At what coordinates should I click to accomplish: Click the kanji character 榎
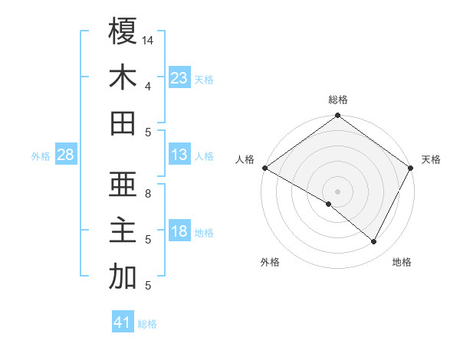(x=123, y=31)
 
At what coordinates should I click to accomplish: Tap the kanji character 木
(x=123, y=77)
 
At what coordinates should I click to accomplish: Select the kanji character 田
(x=123, y=123)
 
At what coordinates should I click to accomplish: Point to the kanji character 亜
(x=123, y=185)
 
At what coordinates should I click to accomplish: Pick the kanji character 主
(x=123, y=231)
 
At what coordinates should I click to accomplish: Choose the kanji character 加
(x=123, y=277)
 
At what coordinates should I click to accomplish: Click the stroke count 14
(x=148, y=40)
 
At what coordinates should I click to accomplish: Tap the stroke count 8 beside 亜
(x=148, y=194)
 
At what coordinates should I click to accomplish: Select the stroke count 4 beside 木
(x=148, y=86)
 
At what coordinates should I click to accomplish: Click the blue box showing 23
(x=179, y=78)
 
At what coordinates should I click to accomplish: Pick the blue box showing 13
(x=179, y=155)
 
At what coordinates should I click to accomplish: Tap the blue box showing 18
(x=179, y=232)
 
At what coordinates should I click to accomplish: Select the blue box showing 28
(x=65, y=155)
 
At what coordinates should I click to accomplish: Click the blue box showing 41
(x=123, y=322)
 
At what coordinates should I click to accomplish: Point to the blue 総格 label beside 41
(x=147, y=324)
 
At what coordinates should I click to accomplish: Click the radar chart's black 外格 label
(x=270, y=262)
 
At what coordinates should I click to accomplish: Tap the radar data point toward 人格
(x=264, y=168)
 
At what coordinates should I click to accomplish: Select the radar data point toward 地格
(x=374, y=242)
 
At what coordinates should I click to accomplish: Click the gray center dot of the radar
(x=338, y=191)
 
